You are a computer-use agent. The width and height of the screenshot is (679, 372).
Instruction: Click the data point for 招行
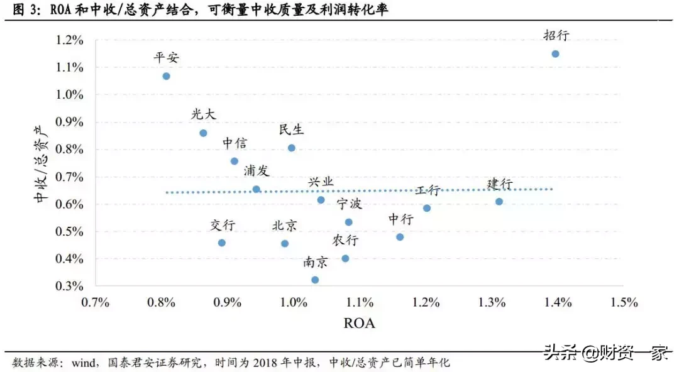click(555, 54)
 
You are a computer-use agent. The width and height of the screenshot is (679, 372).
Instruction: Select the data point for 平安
click(166, 76)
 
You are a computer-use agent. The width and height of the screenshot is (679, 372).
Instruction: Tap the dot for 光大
click(203, 133)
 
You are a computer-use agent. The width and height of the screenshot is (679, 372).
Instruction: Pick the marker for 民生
click(292, 148)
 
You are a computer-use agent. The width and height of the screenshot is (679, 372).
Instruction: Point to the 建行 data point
click(499, 202)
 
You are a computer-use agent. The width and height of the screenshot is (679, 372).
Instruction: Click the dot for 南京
click(315, 280)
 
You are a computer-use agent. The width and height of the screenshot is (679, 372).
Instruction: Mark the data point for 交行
click(221, 243)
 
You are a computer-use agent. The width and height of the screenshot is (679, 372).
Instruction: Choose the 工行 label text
click(428, 191)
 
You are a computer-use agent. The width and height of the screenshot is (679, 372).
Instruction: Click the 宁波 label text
click(349, 204)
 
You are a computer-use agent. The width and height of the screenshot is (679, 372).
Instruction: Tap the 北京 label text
click(285, 226)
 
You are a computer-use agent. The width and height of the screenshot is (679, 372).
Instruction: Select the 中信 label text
click(235, 143)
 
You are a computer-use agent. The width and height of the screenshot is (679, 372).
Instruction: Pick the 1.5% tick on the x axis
click(624, 302)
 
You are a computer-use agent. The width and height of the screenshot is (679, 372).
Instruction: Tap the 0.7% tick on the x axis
click(96, 302)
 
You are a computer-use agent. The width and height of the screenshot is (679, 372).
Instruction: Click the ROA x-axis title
click(359, 324)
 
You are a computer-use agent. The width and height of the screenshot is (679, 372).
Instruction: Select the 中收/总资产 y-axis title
click(41, 163)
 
